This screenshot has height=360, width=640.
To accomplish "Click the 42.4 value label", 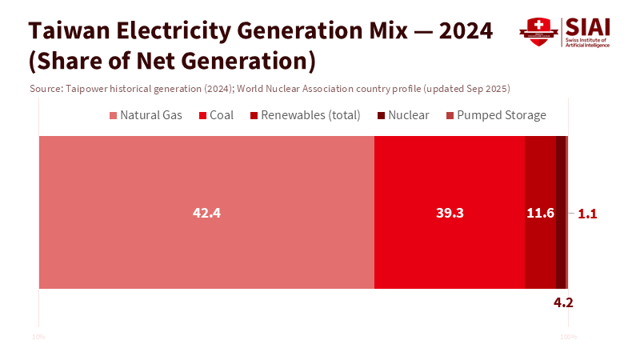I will (x=206, y=214).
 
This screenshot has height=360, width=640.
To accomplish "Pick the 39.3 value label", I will (x=450, y=214).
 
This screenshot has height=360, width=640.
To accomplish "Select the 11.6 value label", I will (x=540, y=214).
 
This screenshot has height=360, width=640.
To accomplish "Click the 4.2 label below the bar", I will (x=563, y=302).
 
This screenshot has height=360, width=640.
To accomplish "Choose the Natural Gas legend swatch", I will (x=113, y=115).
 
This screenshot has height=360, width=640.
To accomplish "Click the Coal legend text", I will (x=222, y=115).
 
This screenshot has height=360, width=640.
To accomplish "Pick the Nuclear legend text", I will (x=409, y=115).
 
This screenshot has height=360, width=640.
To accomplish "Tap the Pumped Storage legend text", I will (x=502, y=115).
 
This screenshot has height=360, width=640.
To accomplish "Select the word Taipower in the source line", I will (x=88, y=88).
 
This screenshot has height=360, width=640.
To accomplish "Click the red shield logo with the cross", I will (x=538, y=31).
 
